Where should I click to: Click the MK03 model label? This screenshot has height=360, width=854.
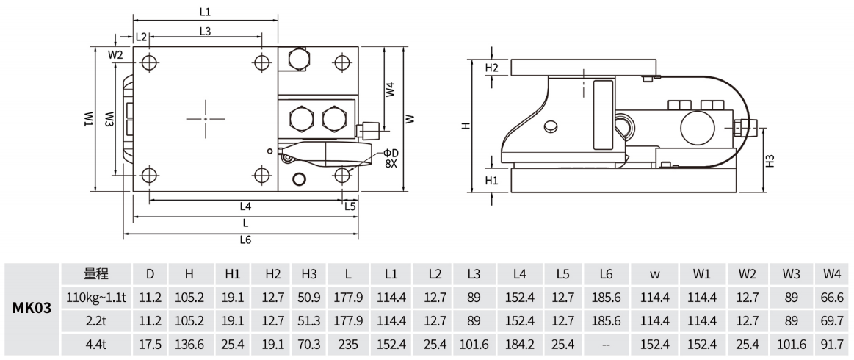pos(32,309)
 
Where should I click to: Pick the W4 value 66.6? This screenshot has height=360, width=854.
pos(832,298)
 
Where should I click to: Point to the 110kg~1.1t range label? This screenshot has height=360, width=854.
pos(98,298)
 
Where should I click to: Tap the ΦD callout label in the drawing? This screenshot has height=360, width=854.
pos(390,152)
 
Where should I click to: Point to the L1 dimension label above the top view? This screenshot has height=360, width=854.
pos(205,12)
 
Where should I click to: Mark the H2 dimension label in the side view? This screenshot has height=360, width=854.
pos(492,68)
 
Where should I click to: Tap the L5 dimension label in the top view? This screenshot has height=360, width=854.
pos(350,206)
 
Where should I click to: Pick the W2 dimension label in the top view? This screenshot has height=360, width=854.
pos(115,54)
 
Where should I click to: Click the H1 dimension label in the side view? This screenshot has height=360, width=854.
pos(492,179)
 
